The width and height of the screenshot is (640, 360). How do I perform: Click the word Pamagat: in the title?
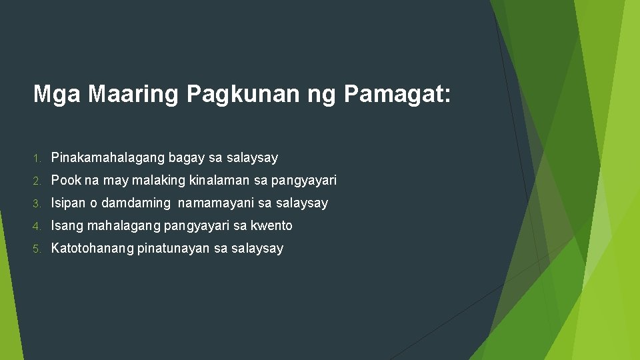(x=398, y=95)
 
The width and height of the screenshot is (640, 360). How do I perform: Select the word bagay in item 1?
(x=187, y=159)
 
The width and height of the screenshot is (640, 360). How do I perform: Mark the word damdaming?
(x=136, y=203)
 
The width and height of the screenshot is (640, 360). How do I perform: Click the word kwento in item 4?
(x=271, y=226)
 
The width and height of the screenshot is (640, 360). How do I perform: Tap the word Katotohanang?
(x=92, y=249)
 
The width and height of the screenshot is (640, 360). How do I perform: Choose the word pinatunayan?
(x=173, y=249)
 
